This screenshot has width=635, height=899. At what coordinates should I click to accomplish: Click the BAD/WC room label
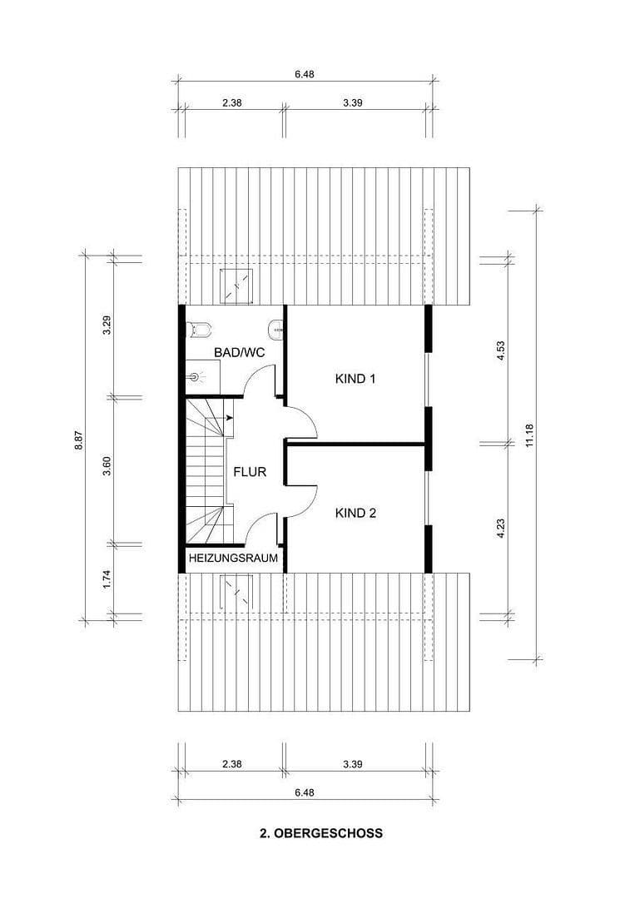[239, 353]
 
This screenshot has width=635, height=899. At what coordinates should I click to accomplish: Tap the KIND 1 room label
[355, 379]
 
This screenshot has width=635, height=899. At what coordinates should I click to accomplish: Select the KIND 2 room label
[355, 514]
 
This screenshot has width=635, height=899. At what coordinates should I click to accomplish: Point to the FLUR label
[250, 472]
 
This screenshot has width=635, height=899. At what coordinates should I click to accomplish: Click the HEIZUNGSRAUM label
[233, 559]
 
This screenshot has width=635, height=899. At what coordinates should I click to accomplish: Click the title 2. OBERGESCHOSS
[320, 832]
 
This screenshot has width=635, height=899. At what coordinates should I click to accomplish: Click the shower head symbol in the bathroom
[196, 377]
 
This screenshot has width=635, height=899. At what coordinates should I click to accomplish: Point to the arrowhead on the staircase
[228, 418]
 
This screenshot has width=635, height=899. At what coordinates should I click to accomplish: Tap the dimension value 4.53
[501, 350]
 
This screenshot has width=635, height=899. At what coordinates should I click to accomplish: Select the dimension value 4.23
[501, 529]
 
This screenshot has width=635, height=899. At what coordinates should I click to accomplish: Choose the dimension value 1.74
[107, 579]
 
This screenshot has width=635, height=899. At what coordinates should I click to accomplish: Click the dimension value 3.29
[107, 325]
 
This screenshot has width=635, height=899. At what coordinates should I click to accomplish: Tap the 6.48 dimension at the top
[304, 74]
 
